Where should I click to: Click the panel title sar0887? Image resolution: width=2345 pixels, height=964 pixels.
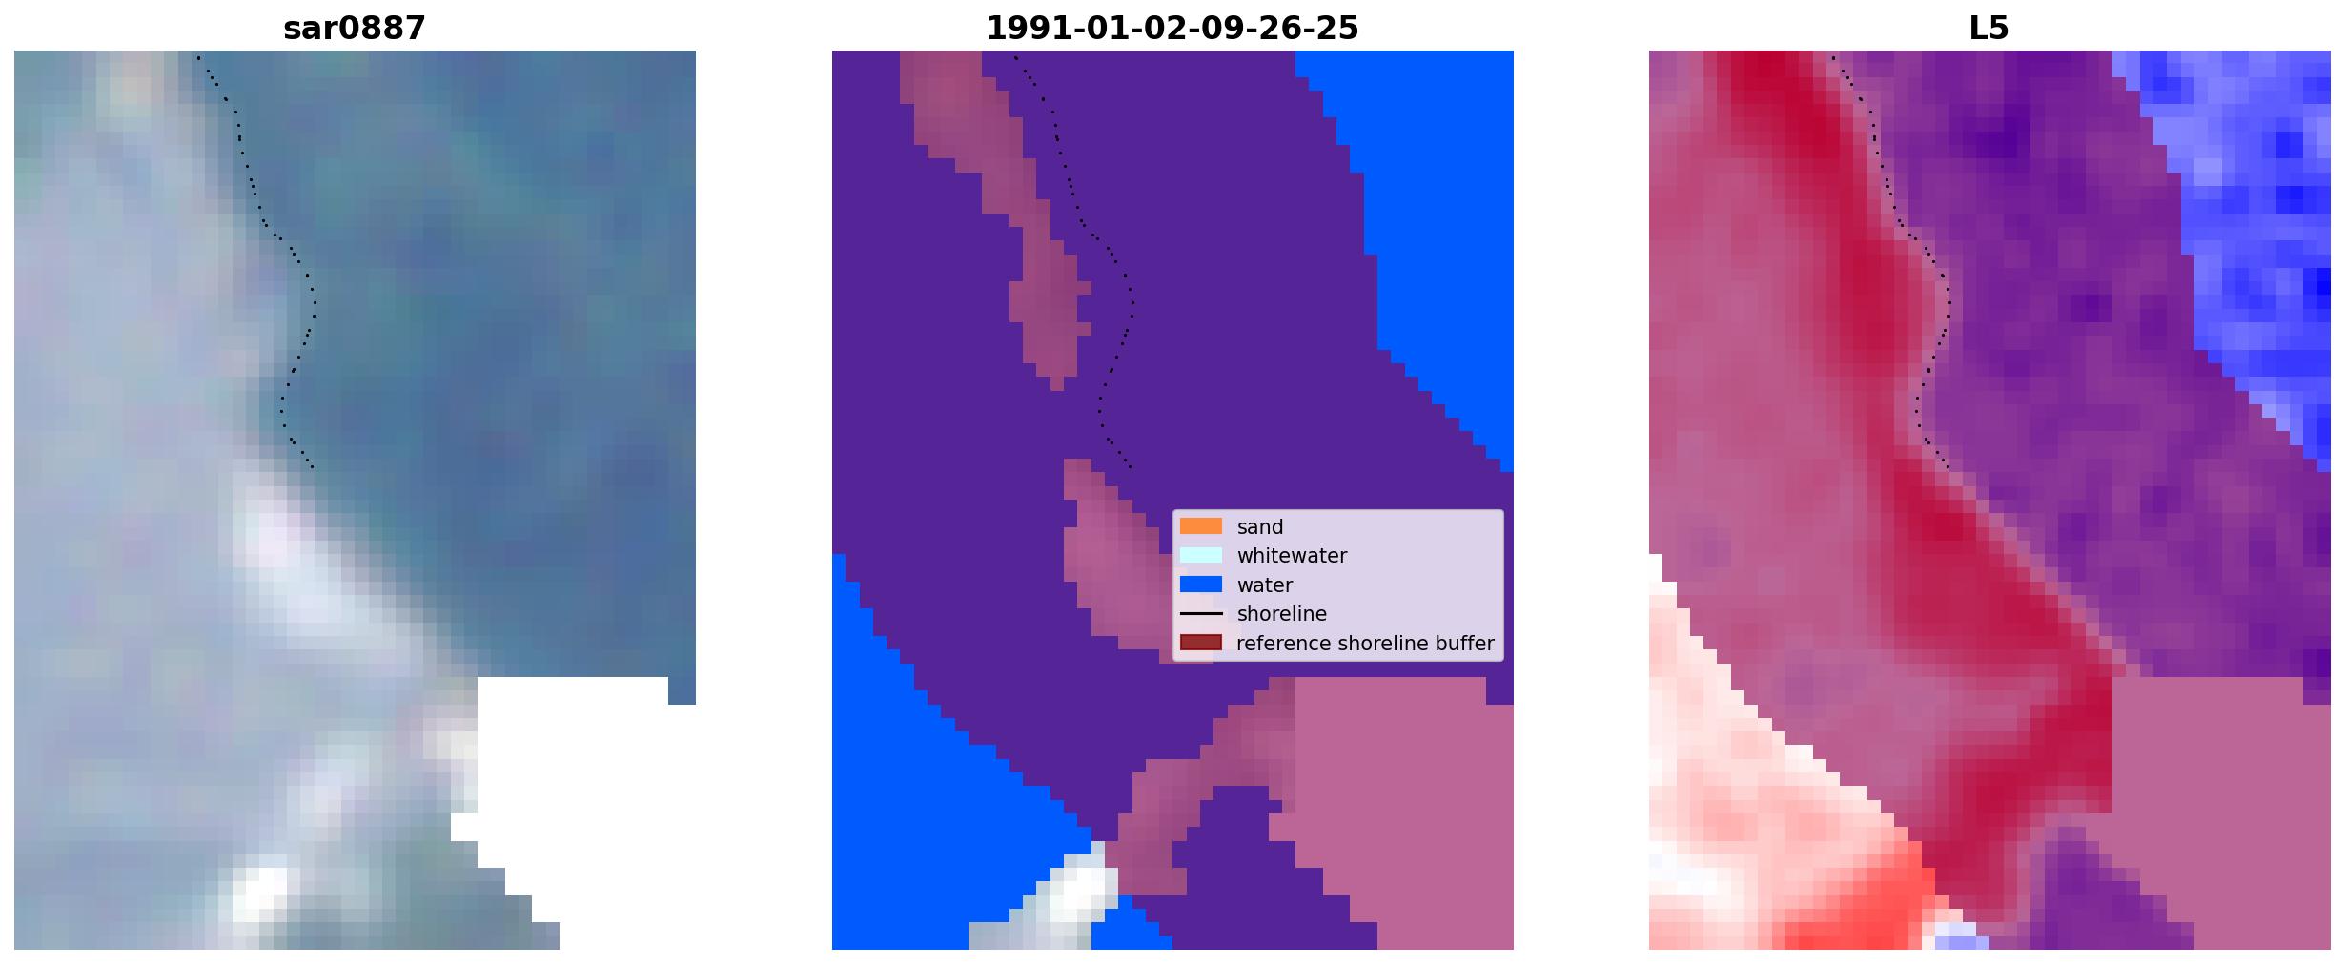pos(355,29)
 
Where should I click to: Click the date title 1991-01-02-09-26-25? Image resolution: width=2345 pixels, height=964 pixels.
pos(1172,29)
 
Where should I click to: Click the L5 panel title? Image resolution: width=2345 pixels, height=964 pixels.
pos(1988,29)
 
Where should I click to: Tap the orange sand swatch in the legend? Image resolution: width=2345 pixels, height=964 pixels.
pos(1200,526)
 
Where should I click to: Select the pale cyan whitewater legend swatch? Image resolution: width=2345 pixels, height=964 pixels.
pos(1200,555)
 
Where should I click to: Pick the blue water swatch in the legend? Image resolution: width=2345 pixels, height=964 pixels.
pos(1200,585)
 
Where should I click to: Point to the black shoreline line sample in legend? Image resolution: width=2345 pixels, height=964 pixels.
pos(1200,614)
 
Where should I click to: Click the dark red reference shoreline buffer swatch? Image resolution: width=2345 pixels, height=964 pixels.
pos(1200,643)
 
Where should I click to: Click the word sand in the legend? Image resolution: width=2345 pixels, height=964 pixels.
pos(1259,527)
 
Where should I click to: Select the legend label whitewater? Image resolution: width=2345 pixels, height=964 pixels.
pos(1292,556)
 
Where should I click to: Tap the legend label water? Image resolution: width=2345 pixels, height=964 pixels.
pos(1264,585)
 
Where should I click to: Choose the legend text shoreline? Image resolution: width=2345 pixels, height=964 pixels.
pos(1281,614)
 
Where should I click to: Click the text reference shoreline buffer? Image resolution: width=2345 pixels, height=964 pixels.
pos(1365,644)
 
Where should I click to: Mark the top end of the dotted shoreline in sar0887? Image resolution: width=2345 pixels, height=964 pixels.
pos(198,57)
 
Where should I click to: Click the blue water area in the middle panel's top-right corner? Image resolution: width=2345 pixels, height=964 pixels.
pos(1430,191)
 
